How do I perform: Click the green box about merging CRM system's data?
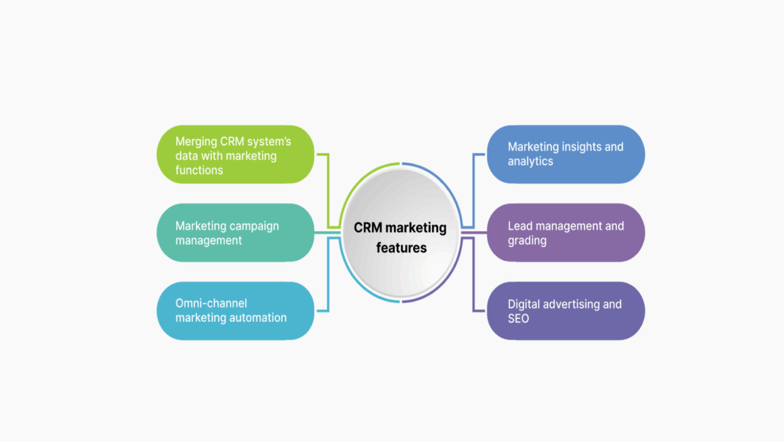pyautogui.click(x=235, y=154)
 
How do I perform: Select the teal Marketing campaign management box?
pyautogui.click(x=235, y=232)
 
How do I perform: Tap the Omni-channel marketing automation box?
pyautogui.click(x=235, y=311)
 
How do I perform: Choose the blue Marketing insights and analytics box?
pyautogui.click(x=565, y=154)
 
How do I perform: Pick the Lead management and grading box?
pyautogui.click(x=565, y=232)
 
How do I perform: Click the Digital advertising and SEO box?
pyautogui.click(x=565, y=311)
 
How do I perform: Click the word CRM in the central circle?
pyautogui.click(x=367, y=228)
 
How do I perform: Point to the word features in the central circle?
pyautogui.click(x=401, y=248)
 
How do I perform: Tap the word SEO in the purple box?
pyautogui.click(x=518, y=318)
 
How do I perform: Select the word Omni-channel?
pyautogui.click(x=211, y=303)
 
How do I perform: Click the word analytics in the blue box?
pyautogui.click(x=530, y=161)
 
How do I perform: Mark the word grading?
pyautogui.click(x=527, y=241)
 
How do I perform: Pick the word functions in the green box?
pyautogui.click(x=199, y=170)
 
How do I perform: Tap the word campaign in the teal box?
pyautogui.click(x=254, y=226)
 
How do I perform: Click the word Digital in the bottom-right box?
pyautogui.click(x=523, y=304)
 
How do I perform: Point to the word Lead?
pyautogui.click(x=520, y=226)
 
